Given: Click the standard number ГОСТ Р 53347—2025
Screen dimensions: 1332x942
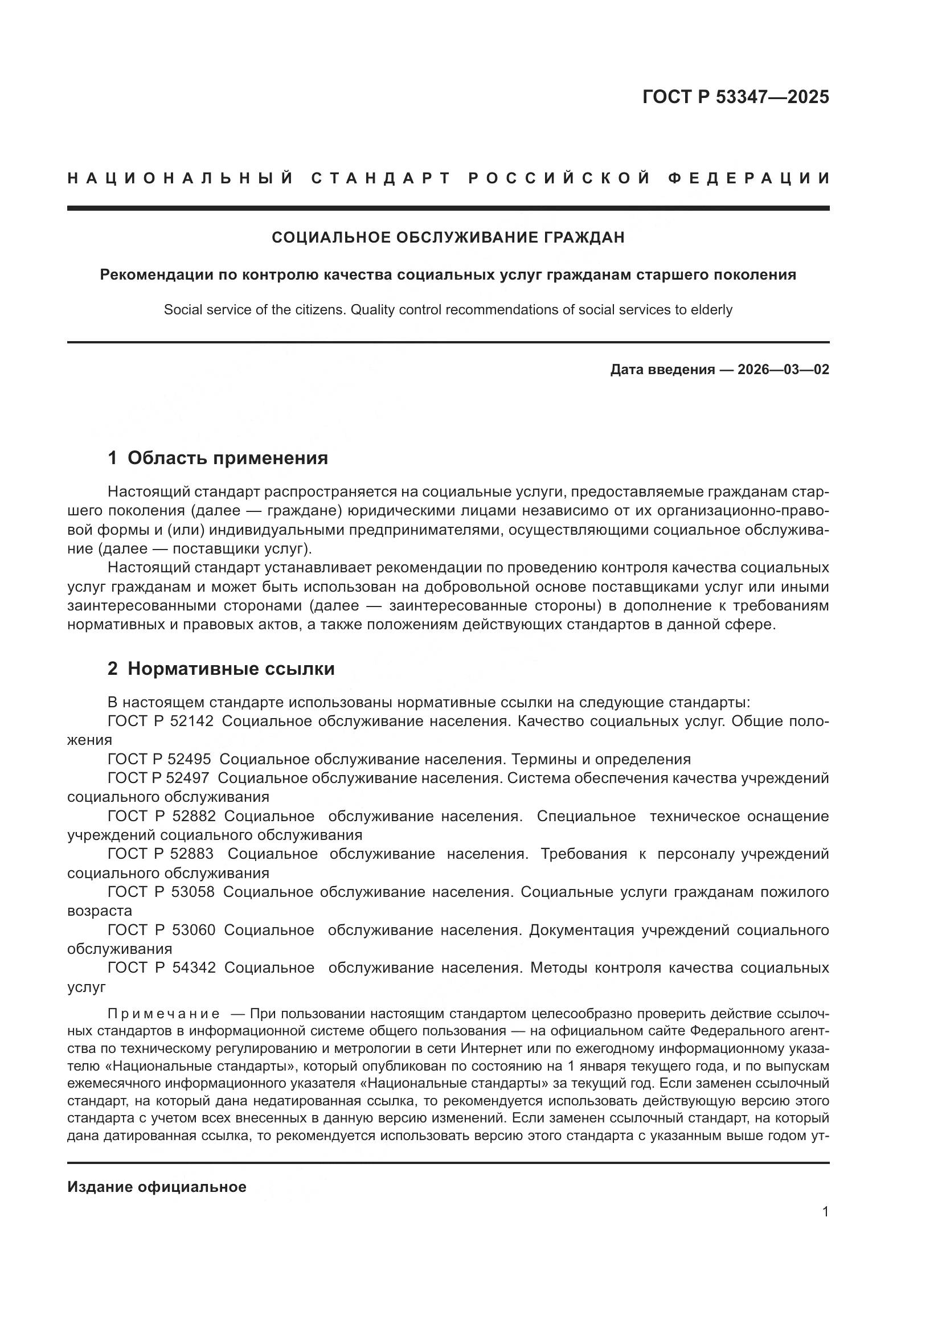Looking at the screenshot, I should point(735,97).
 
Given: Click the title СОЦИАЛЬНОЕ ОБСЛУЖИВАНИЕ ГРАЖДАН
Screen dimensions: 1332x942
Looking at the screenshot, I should point(448,237).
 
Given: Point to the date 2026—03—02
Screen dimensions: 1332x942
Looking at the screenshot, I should point(783,370).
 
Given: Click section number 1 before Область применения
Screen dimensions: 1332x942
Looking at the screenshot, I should point(113,458).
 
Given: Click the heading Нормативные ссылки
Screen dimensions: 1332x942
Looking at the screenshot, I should point(231,669).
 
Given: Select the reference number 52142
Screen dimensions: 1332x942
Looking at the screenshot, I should point(193,722).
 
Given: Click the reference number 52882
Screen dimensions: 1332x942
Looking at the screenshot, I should point(194,816).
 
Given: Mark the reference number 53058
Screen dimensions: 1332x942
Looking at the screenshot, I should point(193,892).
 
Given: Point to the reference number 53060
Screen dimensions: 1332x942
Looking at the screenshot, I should point(193,930).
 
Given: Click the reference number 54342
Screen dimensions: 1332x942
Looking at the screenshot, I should point(194,968).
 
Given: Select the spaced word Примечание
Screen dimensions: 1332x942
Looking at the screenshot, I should point(163,1014).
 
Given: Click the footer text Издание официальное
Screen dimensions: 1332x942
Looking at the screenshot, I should point(157,1187).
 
